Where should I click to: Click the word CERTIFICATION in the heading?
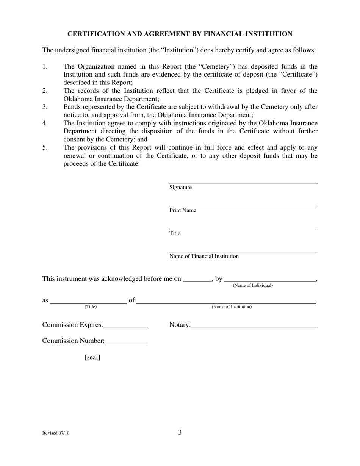coord(96,34)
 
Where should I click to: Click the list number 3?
coord(45,107)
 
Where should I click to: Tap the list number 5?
coord(45,147)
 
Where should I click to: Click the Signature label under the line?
coord(180,188)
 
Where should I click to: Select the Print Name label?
coord(183,210)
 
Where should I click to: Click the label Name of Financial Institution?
coord(204,256)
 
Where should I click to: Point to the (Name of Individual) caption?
coord(252,285)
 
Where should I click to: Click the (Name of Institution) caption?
coord(231,307)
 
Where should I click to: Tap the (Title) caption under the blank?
coord(91,307)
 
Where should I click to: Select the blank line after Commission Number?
coord(126,343)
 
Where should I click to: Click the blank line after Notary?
coord(254,327)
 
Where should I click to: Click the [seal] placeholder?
coord(92,357)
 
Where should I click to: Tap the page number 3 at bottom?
coord(180,432)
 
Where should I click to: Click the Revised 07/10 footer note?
coord(56,433)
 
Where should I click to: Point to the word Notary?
coord(180,325)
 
